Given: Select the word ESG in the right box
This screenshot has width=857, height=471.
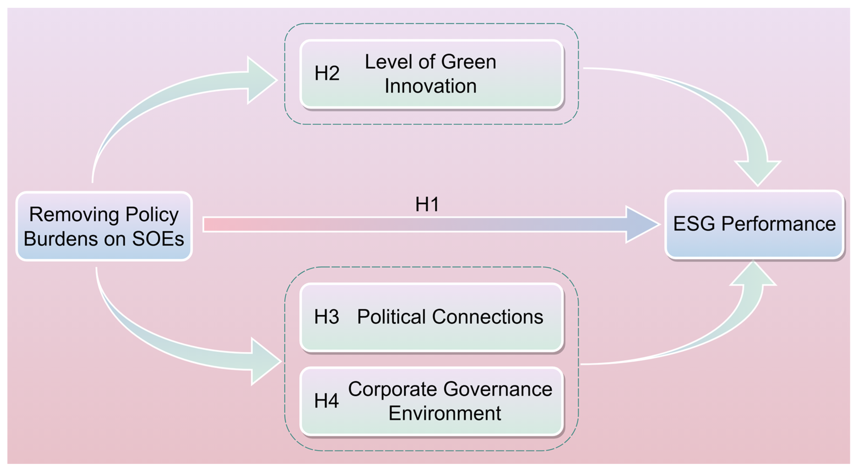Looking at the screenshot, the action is tap(694, 223).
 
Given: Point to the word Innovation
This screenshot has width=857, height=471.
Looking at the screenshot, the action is tap(430, 86).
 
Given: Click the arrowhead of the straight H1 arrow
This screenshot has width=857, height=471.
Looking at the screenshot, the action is tap(640, 224).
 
